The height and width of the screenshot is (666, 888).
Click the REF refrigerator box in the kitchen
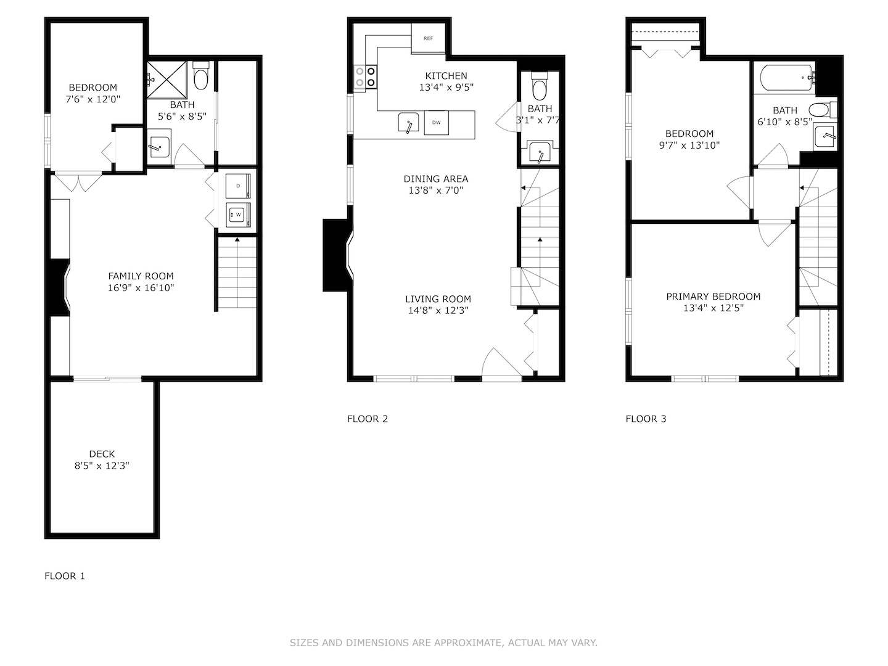(x=428, y=38)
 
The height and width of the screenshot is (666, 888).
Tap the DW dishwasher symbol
(x=436, y=122)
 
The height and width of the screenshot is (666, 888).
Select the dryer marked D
(x=237, y=185)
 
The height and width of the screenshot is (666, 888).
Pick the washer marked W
(x=237, y=214)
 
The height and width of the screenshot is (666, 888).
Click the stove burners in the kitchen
(x=364, y=77)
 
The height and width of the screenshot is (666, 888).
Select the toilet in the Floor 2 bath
(x=540, y=88)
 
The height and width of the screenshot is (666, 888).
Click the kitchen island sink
(x=408, y=123)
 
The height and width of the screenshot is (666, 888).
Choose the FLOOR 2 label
(x=368, y=419)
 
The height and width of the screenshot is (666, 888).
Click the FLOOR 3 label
(x=646, y=419)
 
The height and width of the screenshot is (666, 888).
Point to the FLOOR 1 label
(x=65, y=576)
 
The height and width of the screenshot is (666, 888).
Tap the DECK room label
(x=102, y=454)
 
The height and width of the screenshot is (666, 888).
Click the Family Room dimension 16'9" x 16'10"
(x=141, y=288)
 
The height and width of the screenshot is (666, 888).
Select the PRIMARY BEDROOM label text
(x=713, y=297)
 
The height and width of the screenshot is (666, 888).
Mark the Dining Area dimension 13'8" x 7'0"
(x=436, y=191)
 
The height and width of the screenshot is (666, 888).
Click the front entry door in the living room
(x=501, y=367)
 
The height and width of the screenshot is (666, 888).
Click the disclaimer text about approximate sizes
(x=443, y=643)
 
